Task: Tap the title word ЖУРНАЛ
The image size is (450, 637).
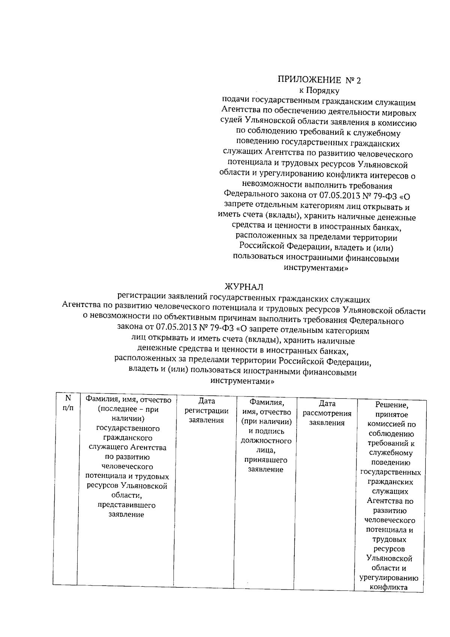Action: click(x=244, y=287)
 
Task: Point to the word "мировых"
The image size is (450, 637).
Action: click(x=399, y=112)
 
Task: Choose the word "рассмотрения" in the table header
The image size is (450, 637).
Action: click(x=327, y=414)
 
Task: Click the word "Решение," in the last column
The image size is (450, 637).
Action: click(x=391, y=405)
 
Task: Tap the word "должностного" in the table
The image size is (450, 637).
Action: click(x=266, y=441)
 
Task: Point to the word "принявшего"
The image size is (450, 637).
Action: click(x=266, y=460)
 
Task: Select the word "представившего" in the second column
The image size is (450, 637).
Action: click(x=126, y=505)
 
